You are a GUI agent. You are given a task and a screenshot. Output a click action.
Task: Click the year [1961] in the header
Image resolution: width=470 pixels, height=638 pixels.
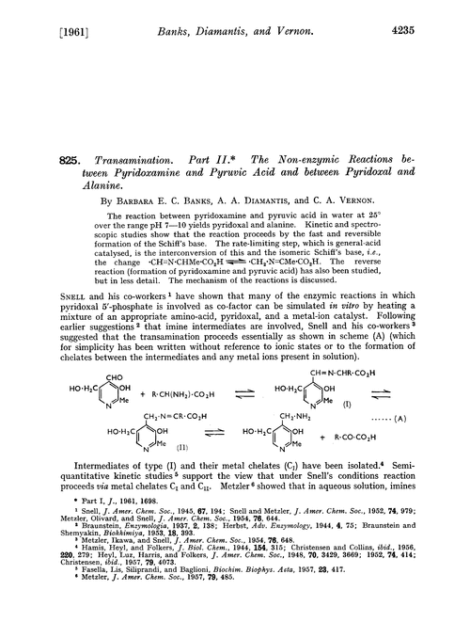(42, 13)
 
